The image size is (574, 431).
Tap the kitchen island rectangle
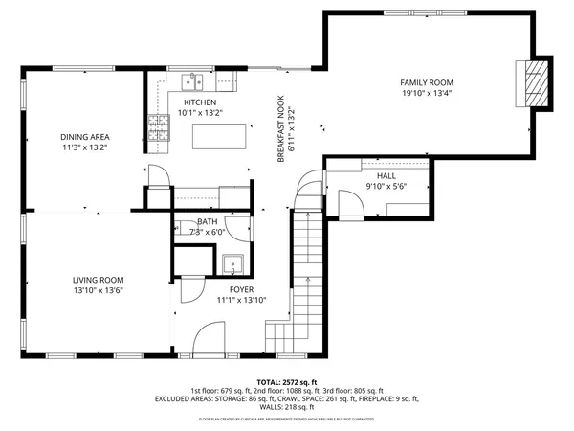214,138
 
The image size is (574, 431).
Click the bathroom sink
231,264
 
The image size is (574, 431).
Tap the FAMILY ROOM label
426,83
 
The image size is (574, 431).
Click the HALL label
386,176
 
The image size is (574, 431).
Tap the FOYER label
241,288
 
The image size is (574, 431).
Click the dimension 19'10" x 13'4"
426,94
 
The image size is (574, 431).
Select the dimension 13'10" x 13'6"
99,290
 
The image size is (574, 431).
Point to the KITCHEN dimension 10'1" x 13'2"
200,113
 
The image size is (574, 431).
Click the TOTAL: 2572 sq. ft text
286,381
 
